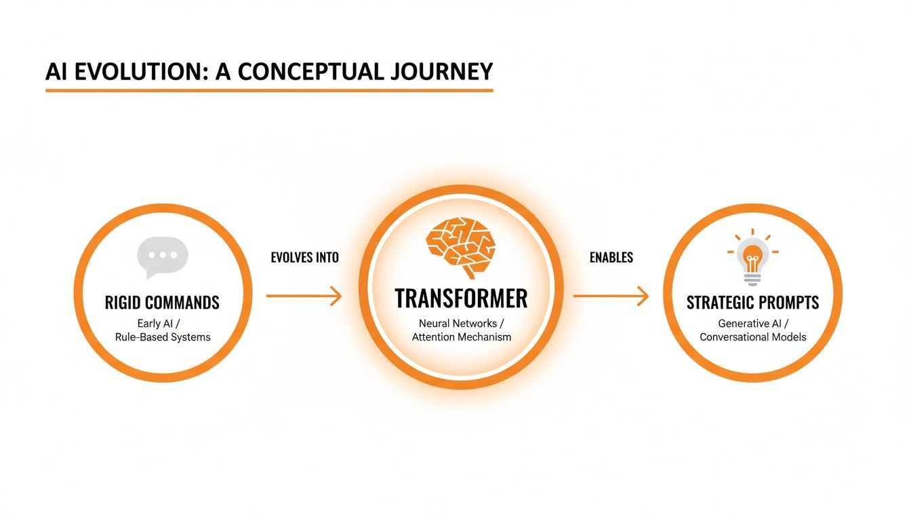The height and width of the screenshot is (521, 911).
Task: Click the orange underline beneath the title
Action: pyautogui.click(x=268, y=90)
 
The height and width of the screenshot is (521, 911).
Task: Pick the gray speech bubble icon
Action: pyautogui.click(x=162, y=258)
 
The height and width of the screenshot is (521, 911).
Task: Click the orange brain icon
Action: pyautogui.click(x=461, y=245)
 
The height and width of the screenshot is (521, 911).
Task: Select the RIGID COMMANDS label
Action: pyautogui.click(x=162, y=303)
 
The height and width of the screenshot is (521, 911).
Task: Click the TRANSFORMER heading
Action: pyautogui.click(x=461, y=298)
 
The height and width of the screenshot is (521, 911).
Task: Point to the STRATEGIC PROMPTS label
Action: pyautogui.click(x=752, y=303)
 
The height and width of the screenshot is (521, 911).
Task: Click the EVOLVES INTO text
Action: pyautogui.click(x=304, y=258)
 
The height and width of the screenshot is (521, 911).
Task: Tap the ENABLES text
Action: pyautogui.click(x=611, y=258)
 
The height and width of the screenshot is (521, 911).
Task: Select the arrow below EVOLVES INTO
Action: pyautogui.click(x=304, y=296)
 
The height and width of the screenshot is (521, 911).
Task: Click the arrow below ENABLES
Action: pyautogui.click(x=611, y=296)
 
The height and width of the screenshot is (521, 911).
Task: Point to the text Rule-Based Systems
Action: pyautogui.click(x=162, y=337)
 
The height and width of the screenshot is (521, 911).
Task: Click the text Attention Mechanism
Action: pyautogui.click(x=461, y=337)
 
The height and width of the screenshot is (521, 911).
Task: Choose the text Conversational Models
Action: pyautogui.click(x=752, y=337)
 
